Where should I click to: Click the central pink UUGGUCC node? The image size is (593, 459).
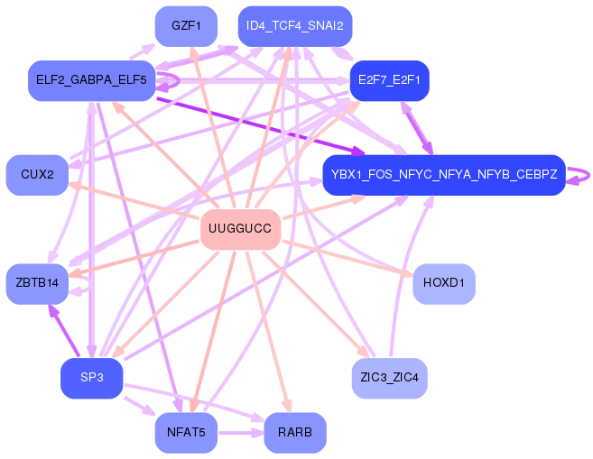pyautogui.click(x=239, y=229)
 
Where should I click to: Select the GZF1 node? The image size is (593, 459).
pyautogui.click(x=186, y=25)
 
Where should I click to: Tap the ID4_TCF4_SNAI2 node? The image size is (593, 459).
pyautogui.click(x=294, y=25)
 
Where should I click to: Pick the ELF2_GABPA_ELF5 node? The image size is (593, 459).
pyautogui.click(x=90, y=80)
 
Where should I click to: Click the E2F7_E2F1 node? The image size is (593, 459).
pyautogui.click(x=389, y=80)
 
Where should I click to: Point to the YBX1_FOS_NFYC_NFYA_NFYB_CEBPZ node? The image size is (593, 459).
pyautogui.click(x=443, y=173)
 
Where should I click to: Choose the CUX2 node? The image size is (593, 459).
pyautogui.click(x=37, y=174)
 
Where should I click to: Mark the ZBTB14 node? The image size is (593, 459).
pyautogui.click(x=37, y=283)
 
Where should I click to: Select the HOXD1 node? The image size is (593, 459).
pyautogui.click(x=443, y=283)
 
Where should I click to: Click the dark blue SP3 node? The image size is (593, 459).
pyautogui.click(x=91, y=377)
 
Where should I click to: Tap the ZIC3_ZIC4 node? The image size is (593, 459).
pyautogui.click(x=389, y=377)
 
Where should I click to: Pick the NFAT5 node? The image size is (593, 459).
pyautogui.click(x=186, y=433)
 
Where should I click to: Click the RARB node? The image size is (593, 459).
pyautogui.click(x=294, y=433)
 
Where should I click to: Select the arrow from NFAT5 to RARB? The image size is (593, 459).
pyautogui.click(x=240, y=433)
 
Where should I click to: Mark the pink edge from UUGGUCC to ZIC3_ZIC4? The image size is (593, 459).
pyautogui.click(x=316, y=305)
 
